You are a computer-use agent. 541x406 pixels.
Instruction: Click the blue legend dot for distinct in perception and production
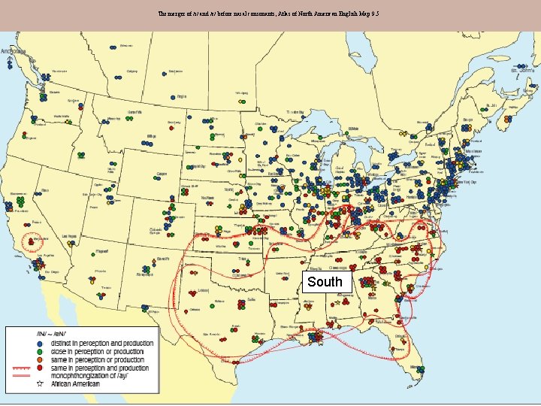pos(41,344)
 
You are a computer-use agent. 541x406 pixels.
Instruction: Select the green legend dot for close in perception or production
pos(41,351)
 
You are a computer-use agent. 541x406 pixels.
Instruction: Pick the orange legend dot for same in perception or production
pos(41,359)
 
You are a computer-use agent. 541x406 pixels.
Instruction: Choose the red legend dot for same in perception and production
pos(41,368)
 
